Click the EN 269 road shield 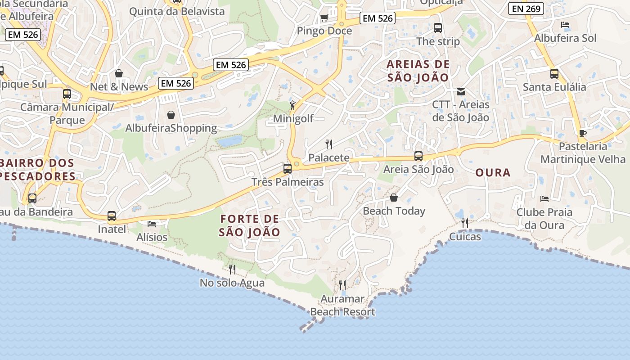point(526,9)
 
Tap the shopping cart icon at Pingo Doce point(324,18)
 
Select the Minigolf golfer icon point(293,105)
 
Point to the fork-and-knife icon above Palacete point(329,144)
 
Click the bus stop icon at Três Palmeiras point(288,169)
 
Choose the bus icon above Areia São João point(418,156)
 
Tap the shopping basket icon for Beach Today point(394,198)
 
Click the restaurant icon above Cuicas point(465,223)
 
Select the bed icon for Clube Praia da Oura point(544,198)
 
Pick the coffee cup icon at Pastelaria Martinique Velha point(583,133)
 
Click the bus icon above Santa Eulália point(554,74)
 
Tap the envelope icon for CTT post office point(461,92)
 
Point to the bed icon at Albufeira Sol point(566,25)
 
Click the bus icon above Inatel point(112,216)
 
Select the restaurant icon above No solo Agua point(232,270)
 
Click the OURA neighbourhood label point(493,173)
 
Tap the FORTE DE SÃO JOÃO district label point(250,226)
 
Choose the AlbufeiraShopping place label point(171,128)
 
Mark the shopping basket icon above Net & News point(119,73)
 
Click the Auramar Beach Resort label point(342,305)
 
